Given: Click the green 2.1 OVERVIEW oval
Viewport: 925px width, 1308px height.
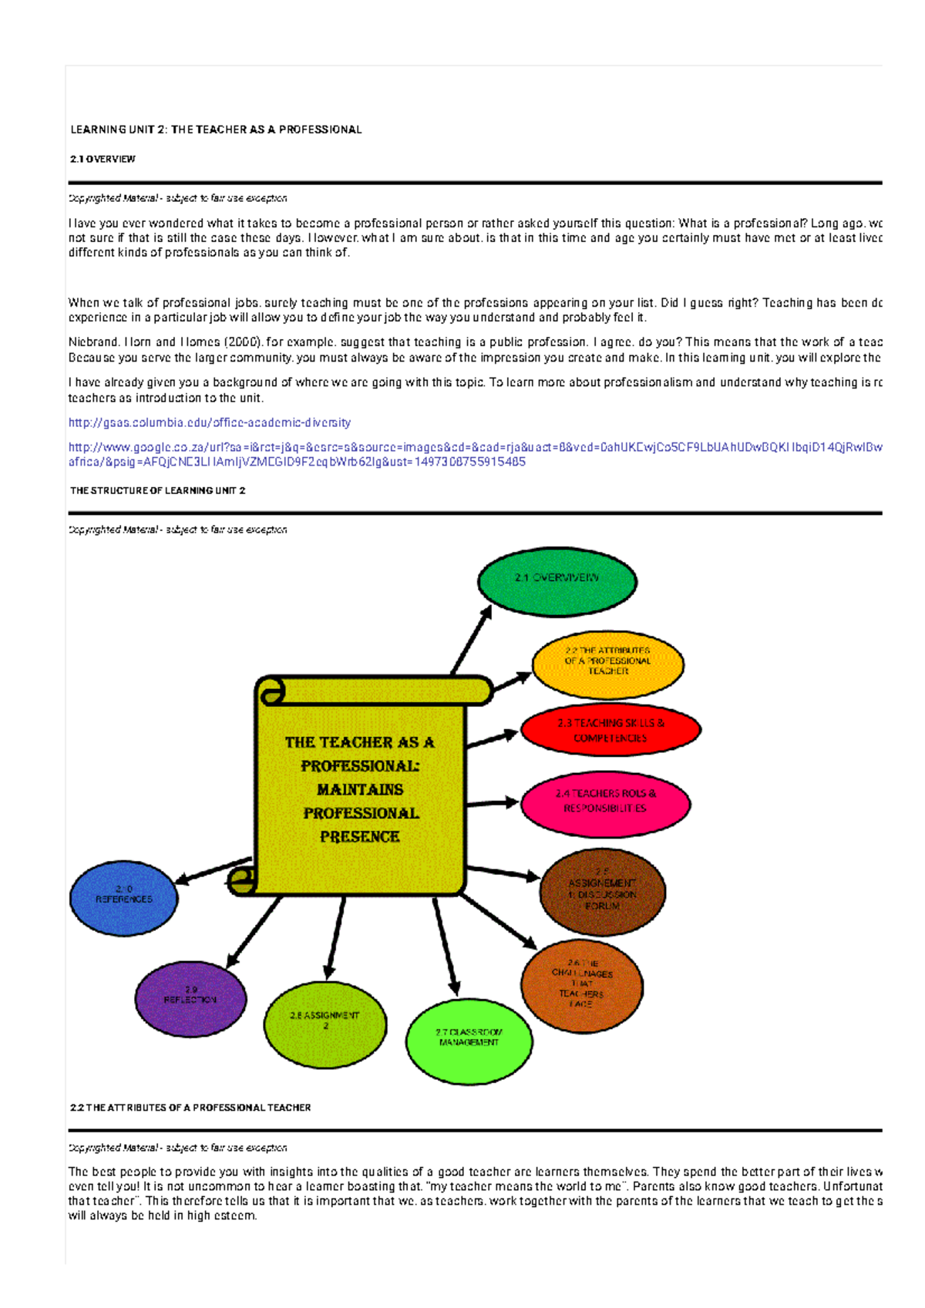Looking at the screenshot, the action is [557, 581].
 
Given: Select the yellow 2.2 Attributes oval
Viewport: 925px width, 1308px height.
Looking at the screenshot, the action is [607, 664].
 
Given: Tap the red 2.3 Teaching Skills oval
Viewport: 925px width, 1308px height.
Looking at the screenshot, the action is [610, 731].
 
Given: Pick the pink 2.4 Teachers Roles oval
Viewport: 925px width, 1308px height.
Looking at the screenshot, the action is [605, 802].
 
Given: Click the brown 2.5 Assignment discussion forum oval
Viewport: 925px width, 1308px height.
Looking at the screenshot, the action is [602, 892].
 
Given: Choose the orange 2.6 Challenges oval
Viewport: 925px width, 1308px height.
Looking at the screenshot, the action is [582, 986].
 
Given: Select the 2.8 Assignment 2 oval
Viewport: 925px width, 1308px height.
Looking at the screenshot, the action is [325, 1023].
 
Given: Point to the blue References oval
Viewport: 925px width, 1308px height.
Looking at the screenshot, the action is [123, 897].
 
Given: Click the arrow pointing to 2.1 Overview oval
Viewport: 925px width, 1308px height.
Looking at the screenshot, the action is [471, 640].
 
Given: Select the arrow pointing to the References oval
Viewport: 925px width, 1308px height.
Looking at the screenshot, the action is [213, 870].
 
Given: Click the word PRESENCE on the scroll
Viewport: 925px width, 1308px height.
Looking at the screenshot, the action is [359, 836].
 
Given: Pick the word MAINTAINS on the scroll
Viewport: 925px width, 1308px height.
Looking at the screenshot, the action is [359, 789].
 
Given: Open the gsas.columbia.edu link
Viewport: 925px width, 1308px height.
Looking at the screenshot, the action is [210, 422].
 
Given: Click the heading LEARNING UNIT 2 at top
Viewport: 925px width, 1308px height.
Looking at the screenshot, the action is [216, 129].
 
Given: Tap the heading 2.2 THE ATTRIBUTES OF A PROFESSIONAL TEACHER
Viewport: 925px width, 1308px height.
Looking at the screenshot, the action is [190, 1108].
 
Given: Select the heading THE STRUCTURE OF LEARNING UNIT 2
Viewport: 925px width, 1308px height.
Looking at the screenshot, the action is [157, 490].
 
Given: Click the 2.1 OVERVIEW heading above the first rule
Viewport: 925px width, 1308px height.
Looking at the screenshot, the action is [103, 159].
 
